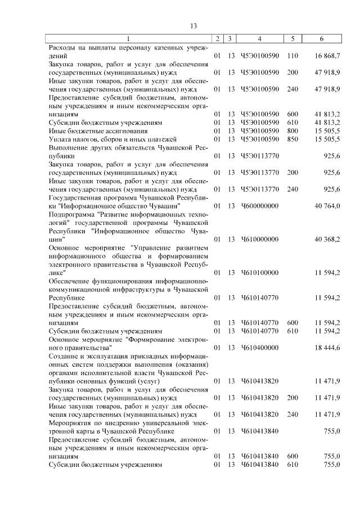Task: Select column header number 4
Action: [x=259, y=39]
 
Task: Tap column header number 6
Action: [x=321, y=39]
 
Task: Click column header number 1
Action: [x=128, y=39]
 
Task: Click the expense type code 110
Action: [x=291, y=56]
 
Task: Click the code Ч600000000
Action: [x=259, y=206]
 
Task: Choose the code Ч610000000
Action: [x=259, y=239]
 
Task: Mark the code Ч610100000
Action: [x=259, y=272]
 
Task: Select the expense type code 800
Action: [x=291, y=130]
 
